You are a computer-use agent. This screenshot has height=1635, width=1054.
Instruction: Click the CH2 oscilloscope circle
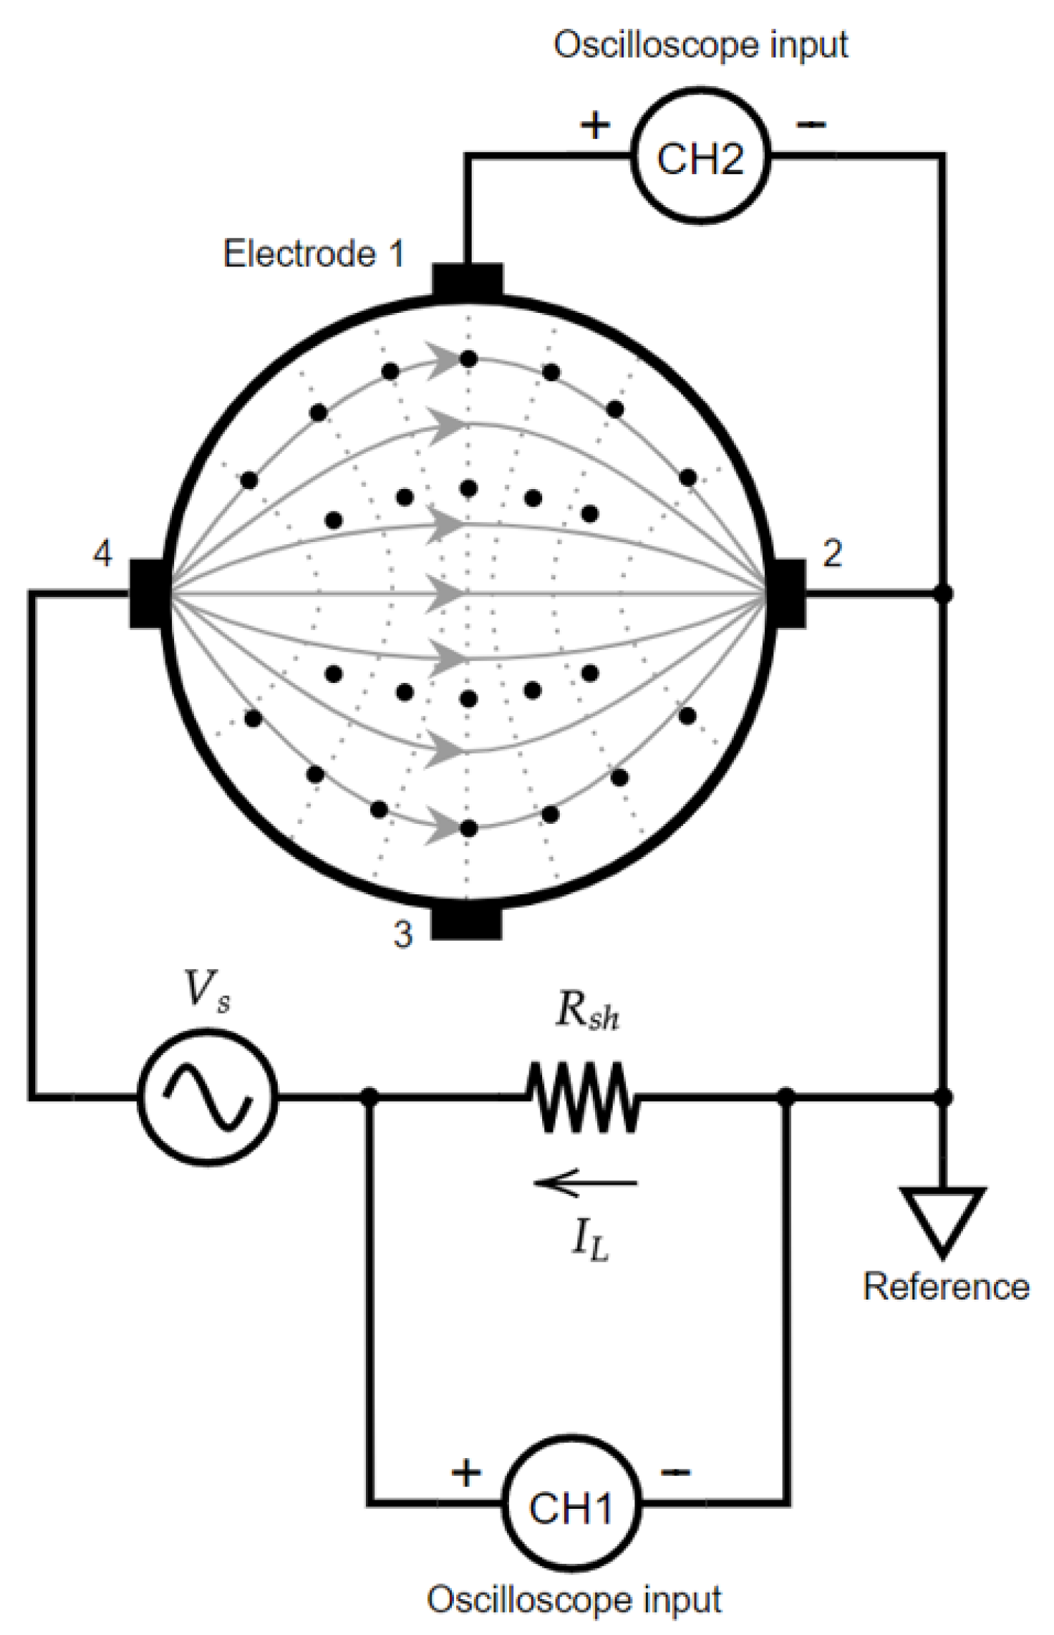tap(699, 157)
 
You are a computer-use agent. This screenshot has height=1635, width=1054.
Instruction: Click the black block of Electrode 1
tap(467, 280)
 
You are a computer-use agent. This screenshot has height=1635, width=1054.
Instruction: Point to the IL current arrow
tap(585, 1183)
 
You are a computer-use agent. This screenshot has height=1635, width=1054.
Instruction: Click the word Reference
tap(945, 1286)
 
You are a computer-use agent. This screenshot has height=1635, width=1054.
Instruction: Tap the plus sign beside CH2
tap(595, 125)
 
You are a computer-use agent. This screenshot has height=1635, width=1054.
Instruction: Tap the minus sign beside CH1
tap(675, 1471)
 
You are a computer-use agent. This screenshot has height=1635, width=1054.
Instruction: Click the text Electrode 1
tap(314, 254)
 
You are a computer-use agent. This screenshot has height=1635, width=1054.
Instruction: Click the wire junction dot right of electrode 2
tap(943, 593)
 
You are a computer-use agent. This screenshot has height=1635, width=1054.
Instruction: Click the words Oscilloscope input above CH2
tap(700, 45)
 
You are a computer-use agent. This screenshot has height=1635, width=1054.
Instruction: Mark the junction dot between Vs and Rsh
tap(369, 1097)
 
